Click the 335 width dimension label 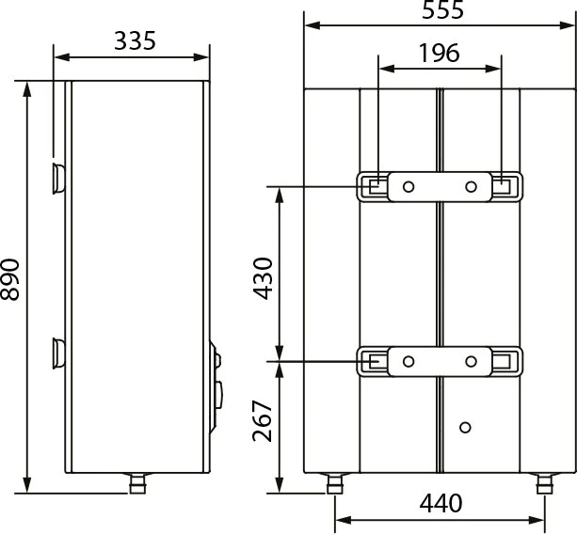(135, 40)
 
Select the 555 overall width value (442, 10)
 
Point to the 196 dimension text (440, 53)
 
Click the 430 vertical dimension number (263, 278)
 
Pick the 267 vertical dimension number (263, 420)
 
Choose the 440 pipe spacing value (441, 503)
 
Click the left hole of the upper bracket (409, 187)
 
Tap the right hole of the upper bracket (471, 187)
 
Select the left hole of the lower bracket (409, 361)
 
